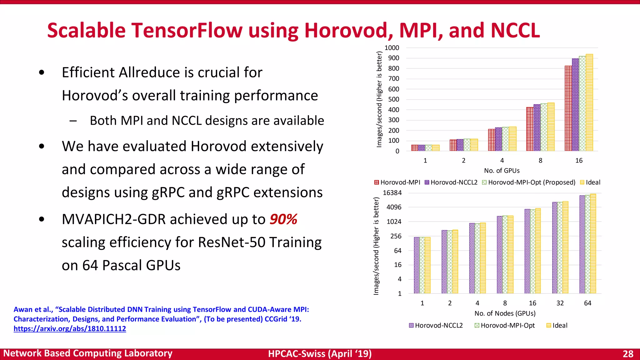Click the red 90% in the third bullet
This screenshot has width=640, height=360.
pos(283,219)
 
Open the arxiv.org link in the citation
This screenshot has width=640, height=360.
pos(70,329)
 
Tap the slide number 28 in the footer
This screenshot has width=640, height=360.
pos(628,354)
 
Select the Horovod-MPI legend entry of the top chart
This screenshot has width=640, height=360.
pos(397,182)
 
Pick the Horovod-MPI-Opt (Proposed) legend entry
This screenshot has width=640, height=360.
pos(529,182)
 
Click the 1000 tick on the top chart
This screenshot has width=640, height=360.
pos(392,48)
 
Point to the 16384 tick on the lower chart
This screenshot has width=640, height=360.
pos(392,193)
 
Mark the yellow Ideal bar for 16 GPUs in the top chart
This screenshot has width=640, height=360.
pos(589,103)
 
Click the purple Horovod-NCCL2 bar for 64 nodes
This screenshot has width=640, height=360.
pos(582,244)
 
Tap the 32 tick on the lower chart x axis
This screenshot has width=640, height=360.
pos(560,303)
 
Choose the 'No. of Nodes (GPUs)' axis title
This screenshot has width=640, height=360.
pos(505,313)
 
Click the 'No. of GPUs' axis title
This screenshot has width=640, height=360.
pos(502,171)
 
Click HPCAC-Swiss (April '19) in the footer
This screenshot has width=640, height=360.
pos(320,354)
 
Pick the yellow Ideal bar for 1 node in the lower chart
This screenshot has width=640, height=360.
pos(427,265)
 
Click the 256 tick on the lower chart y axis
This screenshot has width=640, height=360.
pos(396,236)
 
